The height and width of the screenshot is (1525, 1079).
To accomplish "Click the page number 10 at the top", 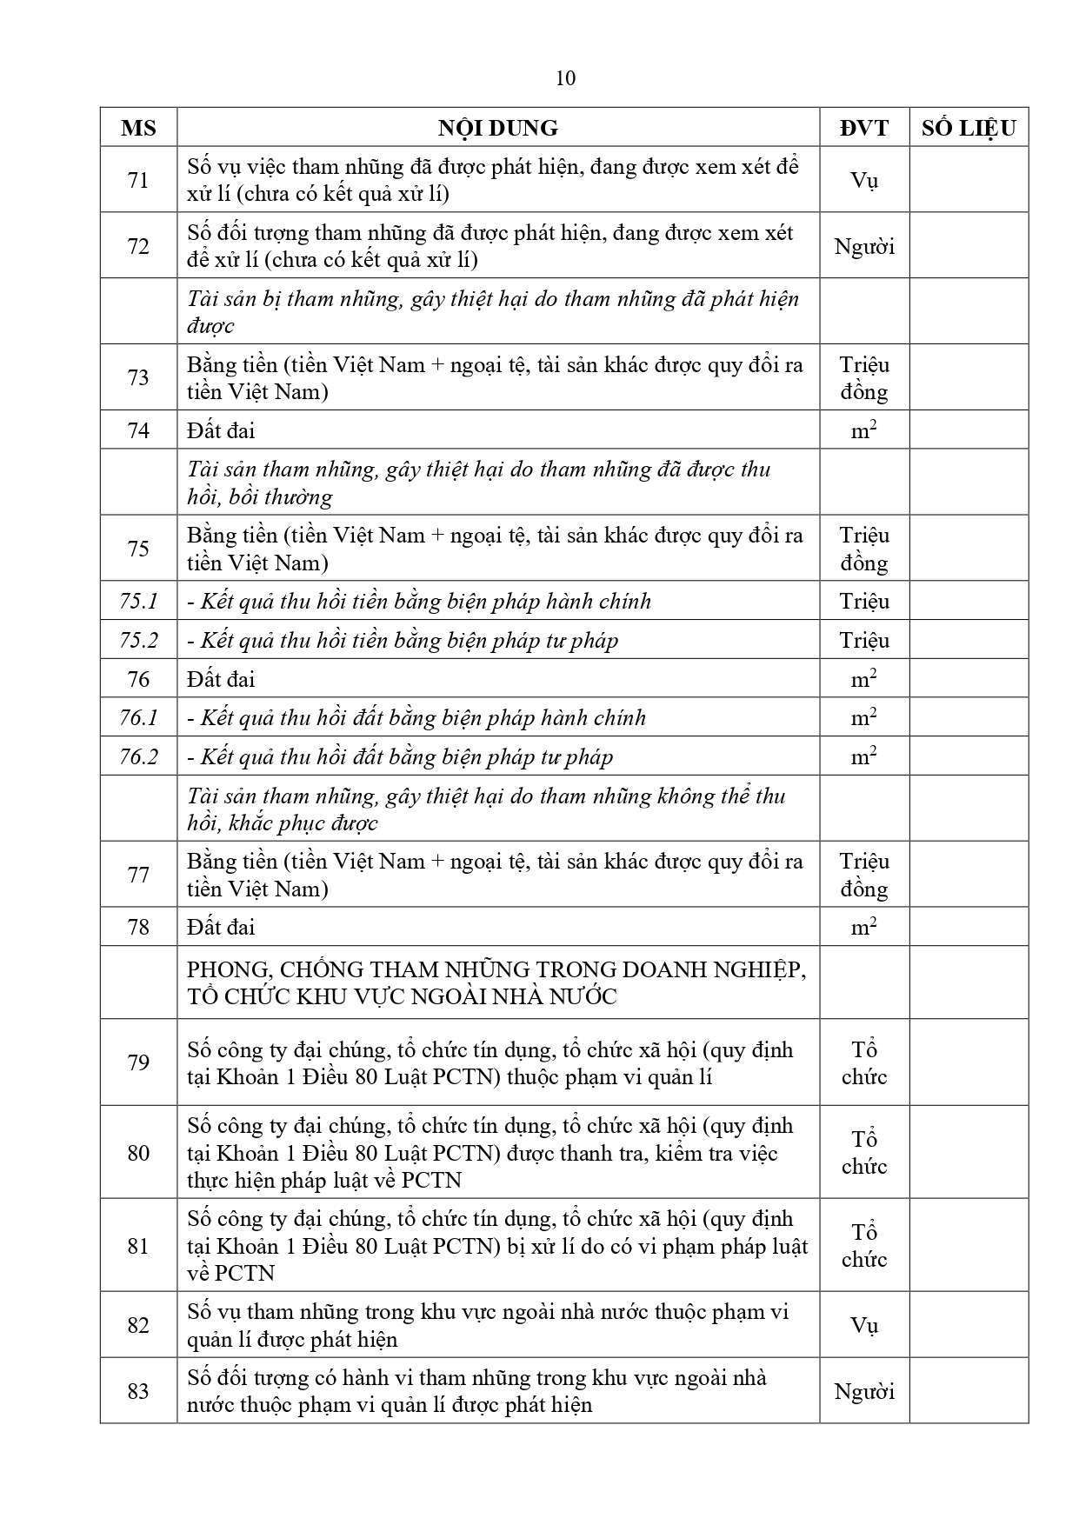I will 565,78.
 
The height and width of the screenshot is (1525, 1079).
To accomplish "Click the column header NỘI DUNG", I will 497,129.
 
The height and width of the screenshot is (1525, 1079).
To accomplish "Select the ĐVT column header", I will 863,129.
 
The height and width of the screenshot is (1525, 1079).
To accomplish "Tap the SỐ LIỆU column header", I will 969,129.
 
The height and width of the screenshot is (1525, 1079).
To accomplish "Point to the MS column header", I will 138,129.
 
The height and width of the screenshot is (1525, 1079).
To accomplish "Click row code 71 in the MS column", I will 138,180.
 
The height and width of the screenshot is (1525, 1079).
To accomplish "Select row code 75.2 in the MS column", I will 138,641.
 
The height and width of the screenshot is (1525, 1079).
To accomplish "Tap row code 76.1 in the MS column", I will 138,718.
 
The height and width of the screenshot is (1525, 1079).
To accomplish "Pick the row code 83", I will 138,1391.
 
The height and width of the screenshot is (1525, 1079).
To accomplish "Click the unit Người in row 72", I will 863,246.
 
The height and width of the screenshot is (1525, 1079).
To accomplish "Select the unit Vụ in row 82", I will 863,1325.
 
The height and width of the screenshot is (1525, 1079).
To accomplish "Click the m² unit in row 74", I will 863,430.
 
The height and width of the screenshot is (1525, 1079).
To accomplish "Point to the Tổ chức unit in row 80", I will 863,1153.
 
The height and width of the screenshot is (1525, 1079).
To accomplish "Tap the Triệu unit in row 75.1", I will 863,602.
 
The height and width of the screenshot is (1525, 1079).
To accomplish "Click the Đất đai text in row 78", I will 221,928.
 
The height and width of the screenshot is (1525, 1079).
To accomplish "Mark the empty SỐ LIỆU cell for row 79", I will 969,1062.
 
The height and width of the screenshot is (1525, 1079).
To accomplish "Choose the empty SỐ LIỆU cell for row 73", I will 969,377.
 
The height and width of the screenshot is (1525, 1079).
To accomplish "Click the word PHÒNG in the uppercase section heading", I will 216,969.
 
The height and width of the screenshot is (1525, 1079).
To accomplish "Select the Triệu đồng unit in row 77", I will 863,875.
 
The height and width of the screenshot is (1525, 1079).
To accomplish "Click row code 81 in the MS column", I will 138,1246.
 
